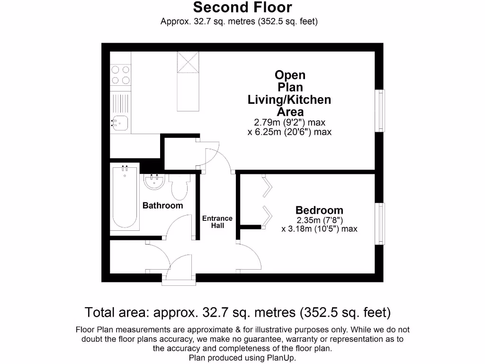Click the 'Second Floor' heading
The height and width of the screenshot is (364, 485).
[242, 8]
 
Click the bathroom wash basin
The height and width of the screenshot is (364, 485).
[153, 182]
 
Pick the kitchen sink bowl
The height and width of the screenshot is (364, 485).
[120, 123]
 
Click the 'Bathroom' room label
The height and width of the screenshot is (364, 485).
[163, 206]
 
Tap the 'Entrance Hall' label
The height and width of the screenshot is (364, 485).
[217, 222]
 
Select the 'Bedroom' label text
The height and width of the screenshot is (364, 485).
[319, 210]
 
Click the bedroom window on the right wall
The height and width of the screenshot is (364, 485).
[380, 224]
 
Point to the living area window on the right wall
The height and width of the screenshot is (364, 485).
[380, 110]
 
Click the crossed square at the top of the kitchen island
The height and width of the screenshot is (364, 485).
[187, 62]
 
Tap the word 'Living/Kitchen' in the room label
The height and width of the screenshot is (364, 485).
[289, 100]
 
